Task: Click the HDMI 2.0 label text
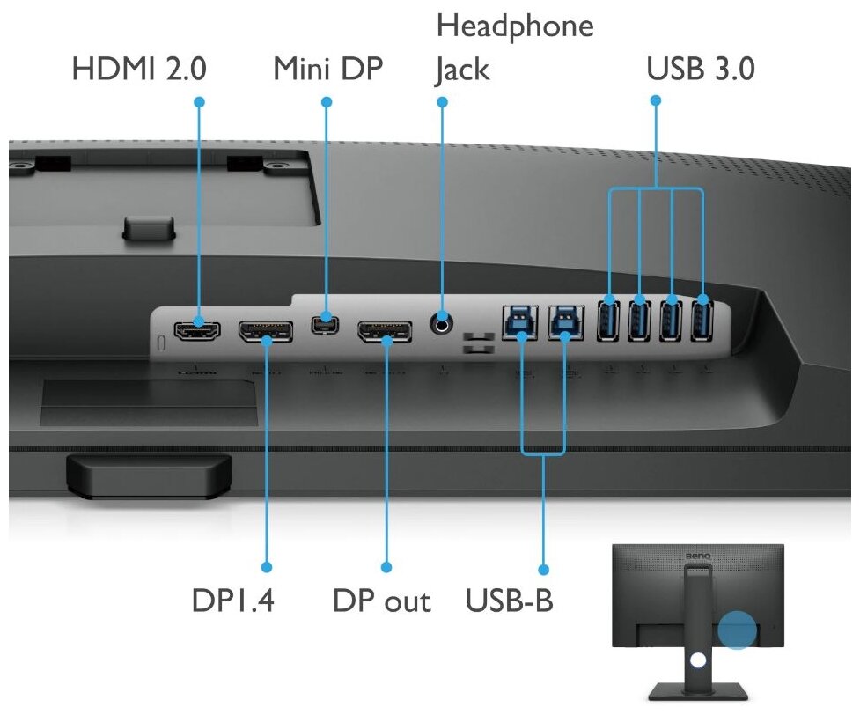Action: pos(138,69)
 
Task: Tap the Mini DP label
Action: pos(327,69)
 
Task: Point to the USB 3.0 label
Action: pos(700,69)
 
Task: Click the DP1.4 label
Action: pos(233,601)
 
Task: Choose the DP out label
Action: pos(381,601)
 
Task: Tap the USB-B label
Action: pos(509,601)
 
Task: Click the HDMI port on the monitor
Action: pos(198,331)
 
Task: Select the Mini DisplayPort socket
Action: pos(327,323)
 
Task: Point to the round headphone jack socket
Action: pos(442,324)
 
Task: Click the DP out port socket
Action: pos(384,332)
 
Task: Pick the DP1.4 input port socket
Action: pos(265,332)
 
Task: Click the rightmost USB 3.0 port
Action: pos(702,320)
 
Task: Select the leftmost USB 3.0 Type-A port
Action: pos(609,320)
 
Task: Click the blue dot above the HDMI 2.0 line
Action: pos(199,102)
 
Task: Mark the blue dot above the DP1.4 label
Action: pos(266,567)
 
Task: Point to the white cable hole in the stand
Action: pos(698,657)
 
